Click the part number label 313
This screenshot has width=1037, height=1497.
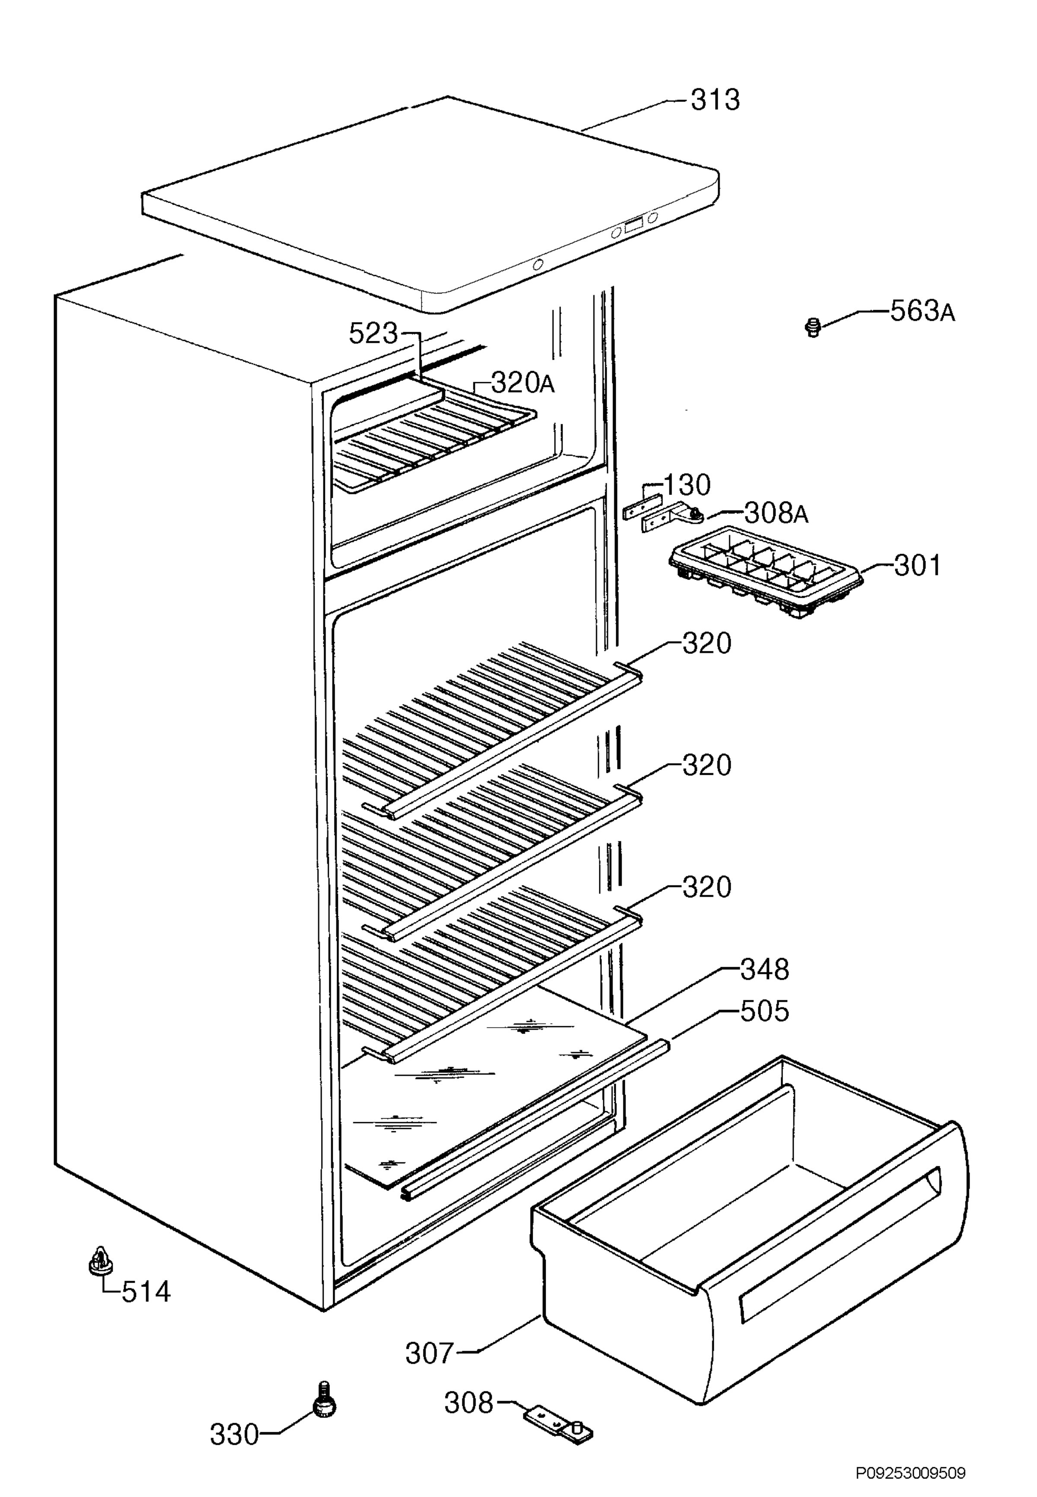(715, 101)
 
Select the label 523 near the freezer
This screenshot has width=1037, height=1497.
(373, 334)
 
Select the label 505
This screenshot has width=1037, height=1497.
(765, 1011)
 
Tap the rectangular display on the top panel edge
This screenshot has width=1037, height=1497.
(633, 225)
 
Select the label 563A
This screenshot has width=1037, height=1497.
(922, 312)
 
